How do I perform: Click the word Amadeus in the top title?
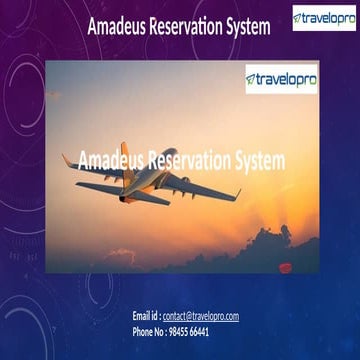(115, 27)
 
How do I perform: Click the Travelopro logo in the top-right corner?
(323, 19)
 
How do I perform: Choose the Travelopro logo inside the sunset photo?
(281, 78)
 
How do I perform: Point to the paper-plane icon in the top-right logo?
(298, 19)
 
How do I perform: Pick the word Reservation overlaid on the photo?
(189, 159)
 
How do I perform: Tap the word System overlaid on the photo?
(258, 159)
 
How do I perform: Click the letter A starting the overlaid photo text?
(82, 159)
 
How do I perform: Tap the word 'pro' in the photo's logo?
(304, 78)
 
